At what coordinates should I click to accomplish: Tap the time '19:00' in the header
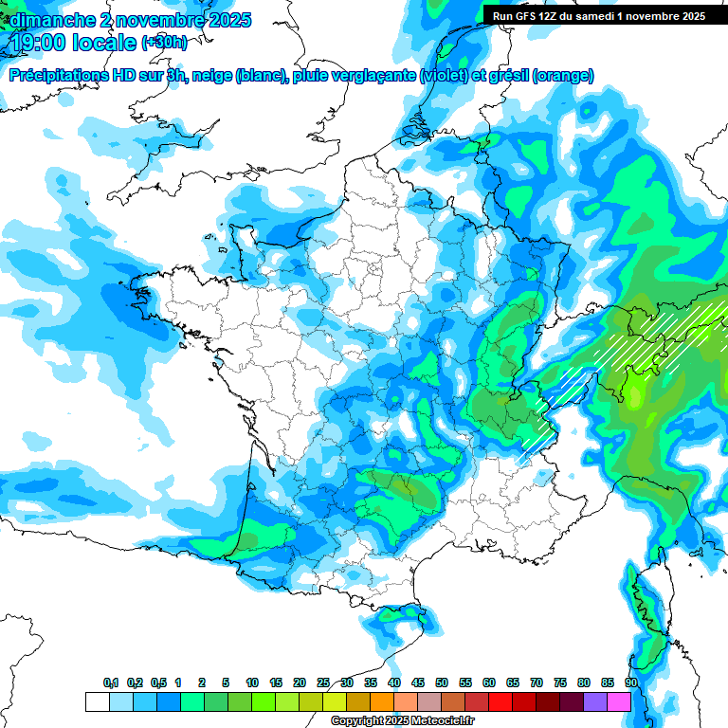(x=37, y=43)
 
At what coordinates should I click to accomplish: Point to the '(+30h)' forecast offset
(x=165, y=43)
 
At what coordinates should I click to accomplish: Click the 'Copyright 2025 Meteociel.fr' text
(x=403, y=721)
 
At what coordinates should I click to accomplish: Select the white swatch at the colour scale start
(x=98, y=701)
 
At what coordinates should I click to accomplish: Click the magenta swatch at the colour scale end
(x=619, y=701)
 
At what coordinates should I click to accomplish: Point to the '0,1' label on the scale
(x=111, y=682)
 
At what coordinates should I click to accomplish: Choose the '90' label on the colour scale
(x=630, y=682)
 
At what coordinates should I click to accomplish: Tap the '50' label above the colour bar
(x=442, y=682)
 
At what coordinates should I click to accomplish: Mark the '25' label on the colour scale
(x=323, y=682)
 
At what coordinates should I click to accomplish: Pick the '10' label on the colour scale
(x=252, y=682)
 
